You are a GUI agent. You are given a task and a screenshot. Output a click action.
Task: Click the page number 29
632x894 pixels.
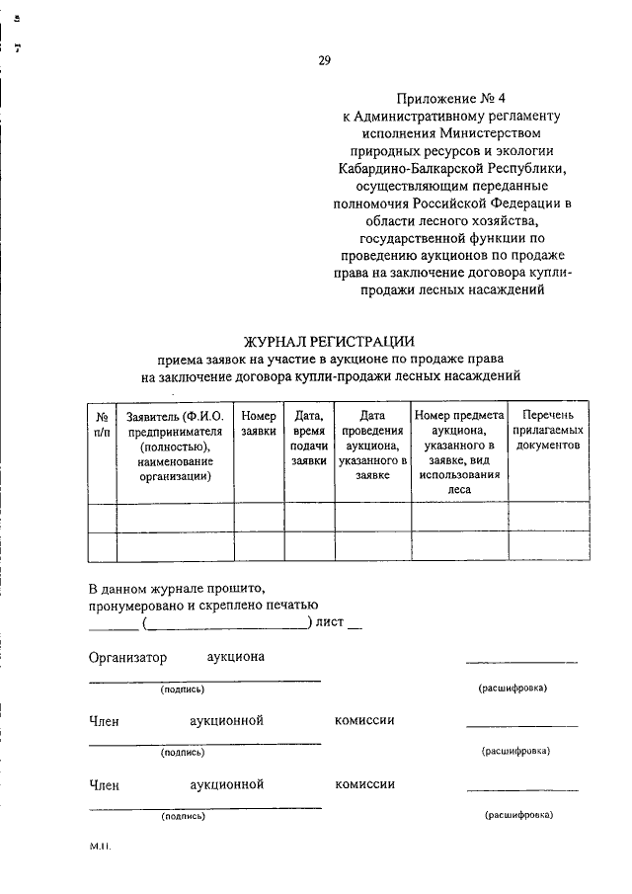coord(324,61)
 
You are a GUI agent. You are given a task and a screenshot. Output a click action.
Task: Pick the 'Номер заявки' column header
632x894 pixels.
coord(259,424)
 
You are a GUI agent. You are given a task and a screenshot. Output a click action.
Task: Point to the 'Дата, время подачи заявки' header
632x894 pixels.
coord(308,439)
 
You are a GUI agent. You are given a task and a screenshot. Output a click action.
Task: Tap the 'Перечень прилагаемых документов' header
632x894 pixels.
coord(550,432)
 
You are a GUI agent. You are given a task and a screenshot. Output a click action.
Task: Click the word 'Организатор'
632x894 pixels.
coord(127,657)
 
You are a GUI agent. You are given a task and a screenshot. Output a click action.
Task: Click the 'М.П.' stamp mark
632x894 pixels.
coord(101,847)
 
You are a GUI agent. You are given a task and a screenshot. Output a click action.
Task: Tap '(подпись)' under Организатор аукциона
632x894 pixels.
coord(183,690)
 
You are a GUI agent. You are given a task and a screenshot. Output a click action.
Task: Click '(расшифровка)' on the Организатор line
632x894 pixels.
coord(513,688)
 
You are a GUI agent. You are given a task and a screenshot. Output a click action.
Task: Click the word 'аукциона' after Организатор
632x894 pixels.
coord(235,657)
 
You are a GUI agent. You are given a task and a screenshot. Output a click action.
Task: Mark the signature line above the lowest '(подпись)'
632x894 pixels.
coord(204,807)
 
